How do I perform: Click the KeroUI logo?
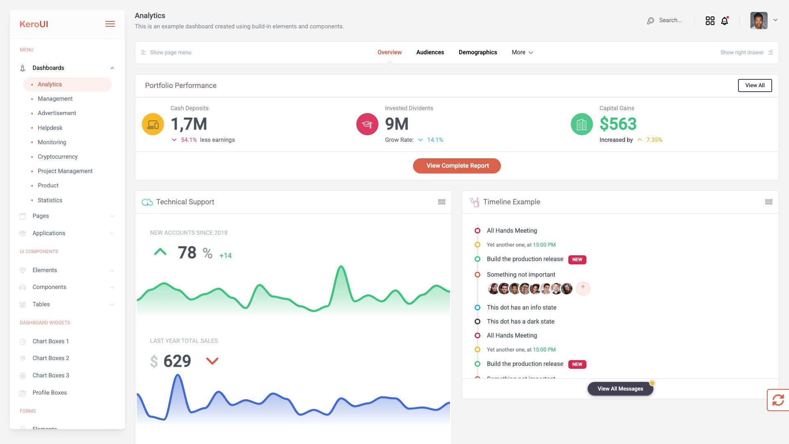34,24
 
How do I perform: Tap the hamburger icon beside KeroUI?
110,24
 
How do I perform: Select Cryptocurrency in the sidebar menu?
58,157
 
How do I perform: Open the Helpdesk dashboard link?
50,128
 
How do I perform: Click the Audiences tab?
430,52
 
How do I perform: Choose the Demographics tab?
478,52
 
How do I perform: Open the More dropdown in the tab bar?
522,52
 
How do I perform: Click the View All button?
754,86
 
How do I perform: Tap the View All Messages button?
620,388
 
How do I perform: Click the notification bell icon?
724,21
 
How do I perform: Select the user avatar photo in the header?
759,21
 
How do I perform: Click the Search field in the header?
670,21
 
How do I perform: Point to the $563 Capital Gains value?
618,124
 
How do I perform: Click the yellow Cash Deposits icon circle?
153,124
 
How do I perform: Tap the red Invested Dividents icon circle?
367,124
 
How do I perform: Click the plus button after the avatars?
583,288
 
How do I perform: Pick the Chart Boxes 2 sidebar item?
51,358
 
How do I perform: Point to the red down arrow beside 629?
212,361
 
